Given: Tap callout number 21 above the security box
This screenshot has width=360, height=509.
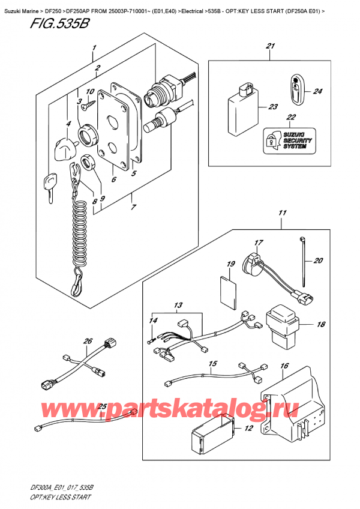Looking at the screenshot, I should [270, 47].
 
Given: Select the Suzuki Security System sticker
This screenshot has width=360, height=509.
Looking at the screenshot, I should [284, 139].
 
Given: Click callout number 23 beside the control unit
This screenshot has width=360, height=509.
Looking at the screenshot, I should [274, 107].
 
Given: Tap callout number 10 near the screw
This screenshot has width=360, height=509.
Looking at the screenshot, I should [91, 92].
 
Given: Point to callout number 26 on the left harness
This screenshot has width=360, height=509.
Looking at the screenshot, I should [88, 342].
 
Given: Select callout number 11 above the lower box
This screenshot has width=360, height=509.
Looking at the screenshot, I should [282, 212].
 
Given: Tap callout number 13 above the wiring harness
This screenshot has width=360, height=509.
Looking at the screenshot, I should [178, 307].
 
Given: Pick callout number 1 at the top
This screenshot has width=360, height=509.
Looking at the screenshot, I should [94, 47].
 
